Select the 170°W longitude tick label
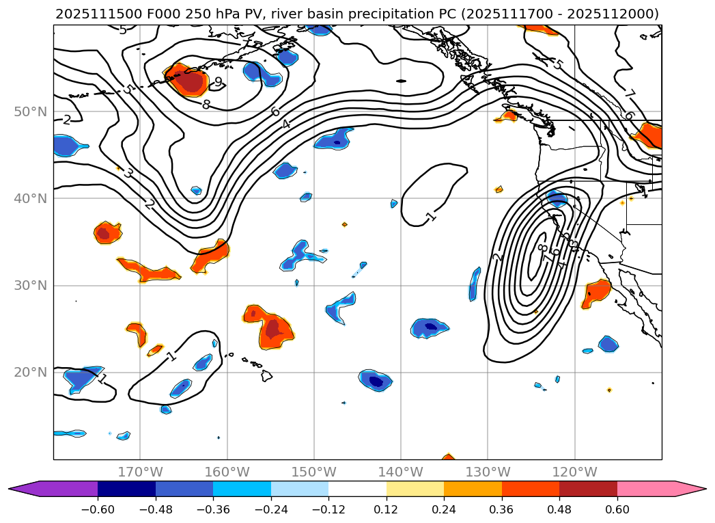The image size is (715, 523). [140, 472]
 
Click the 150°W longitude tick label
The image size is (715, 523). [313, 472]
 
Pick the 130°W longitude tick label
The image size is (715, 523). [488, 472]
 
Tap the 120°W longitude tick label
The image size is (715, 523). [574, 472]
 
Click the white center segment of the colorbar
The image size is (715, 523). [357, 488]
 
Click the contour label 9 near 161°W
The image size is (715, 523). [218, 82]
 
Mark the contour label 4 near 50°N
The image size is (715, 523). [286, 124]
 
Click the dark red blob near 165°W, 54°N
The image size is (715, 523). [189, 81]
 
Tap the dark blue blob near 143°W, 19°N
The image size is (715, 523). [375, 380]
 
